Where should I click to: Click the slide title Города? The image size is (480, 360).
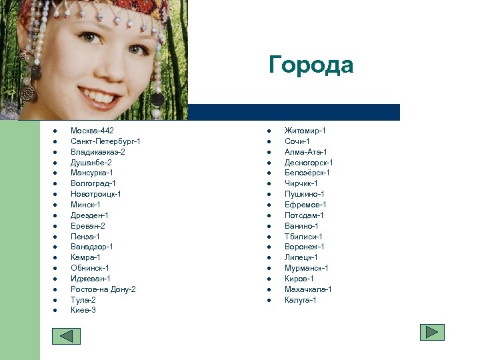pos(311,65)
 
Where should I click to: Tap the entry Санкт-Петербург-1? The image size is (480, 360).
pos(105,141)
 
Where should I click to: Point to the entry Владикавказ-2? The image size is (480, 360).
pos(98,152)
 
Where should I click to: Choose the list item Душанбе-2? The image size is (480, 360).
pos(91,163)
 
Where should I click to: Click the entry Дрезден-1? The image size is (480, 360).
pos(89,215)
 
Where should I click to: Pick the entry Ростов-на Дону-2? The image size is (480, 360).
pos(103,289)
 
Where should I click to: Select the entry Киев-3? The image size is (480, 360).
pos(83,310)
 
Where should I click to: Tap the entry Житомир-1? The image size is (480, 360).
pos(305,131)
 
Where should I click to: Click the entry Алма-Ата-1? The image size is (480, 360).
pos(305,152)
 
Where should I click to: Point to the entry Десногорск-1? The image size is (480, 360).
pos(309,163)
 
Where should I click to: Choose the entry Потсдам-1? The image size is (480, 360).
pos(304,215)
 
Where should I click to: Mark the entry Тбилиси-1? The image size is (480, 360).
pos(303,237)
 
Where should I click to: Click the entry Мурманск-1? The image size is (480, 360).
pos(306,268)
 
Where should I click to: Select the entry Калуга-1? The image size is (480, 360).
pos(300,300)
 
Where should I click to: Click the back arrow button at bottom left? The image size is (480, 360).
pos(66,336)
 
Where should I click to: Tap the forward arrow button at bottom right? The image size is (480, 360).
pos(432,332)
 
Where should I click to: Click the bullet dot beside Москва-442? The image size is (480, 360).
pos(55,131)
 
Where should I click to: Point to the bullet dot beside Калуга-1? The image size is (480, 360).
pos(269,300)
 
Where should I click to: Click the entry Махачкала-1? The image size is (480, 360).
pos(308,289)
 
